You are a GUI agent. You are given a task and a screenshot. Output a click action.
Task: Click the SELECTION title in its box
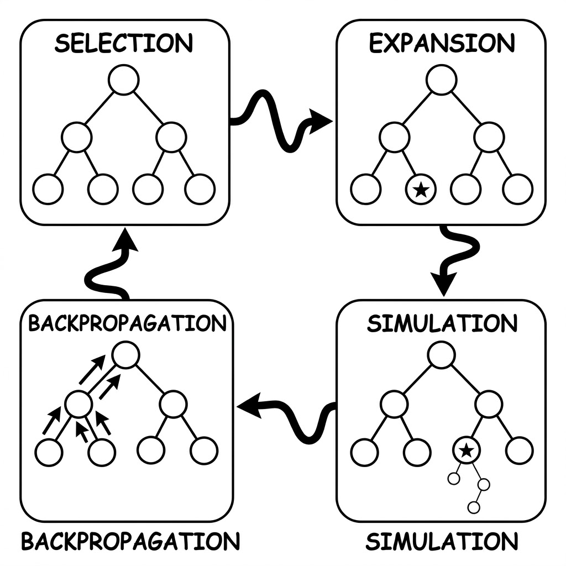[x=124, y=43]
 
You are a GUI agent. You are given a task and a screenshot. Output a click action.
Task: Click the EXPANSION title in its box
[x=442, y=43]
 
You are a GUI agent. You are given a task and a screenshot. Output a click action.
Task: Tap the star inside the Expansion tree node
[x=421, y=190]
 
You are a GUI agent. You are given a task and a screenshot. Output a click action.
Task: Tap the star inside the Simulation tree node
[x=467, y=450]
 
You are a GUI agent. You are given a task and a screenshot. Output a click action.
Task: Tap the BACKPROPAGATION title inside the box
[x=128, y=323]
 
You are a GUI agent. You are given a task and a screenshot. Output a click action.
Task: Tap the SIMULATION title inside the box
[x=442, y=323]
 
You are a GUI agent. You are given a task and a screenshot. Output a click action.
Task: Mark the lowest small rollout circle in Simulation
[x=474, y=507]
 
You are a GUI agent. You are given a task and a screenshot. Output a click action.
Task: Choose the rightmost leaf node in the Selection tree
[x=200, y=189]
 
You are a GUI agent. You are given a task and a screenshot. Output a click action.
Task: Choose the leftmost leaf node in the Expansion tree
[x=366, y=189]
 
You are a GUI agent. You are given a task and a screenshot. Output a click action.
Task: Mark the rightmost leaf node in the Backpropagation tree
[x=204, y=451]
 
